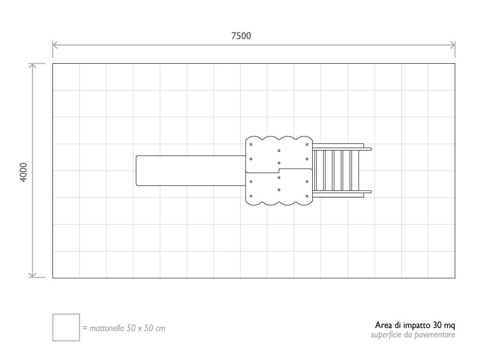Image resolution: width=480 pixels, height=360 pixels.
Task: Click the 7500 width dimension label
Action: (241, 36)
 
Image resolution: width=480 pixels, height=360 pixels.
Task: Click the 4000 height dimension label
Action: (23, 172)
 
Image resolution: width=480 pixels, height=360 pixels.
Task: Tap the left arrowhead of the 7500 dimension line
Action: (55, 45)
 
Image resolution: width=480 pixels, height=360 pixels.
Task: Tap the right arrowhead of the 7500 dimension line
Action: (452, 45)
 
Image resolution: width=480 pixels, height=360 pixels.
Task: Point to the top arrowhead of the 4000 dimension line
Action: (32, 66)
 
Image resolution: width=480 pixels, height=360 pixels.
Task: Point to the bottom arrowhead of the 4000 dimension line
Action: (32, 275)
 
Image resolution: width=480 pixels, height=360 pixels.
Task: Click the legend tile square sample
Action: (66, 327)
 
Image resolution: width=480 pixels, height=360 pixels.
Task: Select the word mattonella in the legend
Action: (107, 328)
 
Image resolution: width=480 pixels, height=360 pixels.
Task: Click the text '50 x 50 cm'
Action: (146, 328)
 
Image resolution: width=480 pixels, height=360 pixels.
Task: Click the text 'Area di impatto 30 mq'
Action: (415, 325)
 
